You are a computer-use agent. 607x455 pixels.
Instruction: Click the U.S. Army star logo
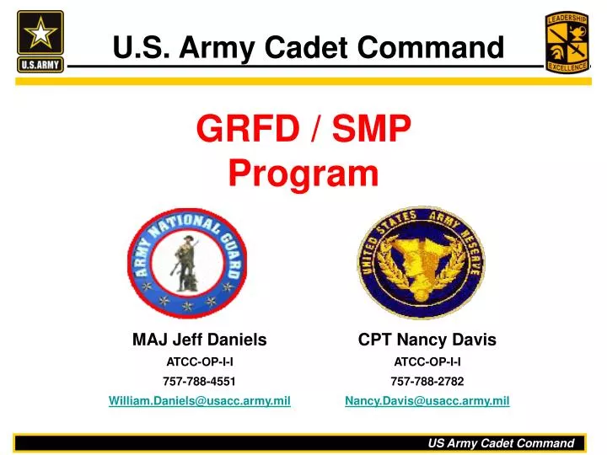[40, 40]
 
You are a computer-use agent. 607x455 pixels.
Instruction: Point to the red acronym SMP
[372, 131]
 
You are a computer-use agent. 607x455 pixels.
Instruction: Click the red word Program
[303, 174]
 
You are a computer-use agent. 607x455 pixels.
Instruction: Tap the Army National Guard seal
[187, 261]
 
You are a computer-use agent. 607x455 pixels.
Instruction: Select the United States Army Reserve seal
[421, 261]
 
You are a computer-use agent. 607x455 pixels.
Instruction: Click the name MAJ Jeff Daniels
[199, 340]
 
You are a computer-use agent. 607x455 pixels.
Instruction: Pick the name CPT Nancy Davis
[427, 340]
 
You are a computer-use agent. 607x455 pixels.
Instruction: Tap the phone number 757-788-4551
[199, 381]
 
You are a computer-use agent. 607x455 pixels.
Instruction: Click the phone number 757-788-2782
[427, 381]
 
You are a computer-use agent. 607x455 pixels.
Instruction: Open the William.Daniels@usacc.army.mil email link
[199, 401]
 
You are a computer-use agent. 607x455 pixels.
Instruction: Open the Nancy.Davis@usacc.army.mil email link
[427, 401]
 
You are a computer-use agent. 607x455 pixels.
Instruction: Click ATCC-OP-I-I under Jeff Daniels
[199, 361]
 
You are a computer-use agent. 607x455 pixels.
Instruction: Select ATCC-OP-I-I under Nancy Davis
[427, 361]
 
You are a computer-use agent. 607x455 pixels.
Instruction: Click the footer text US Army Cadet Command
[501, 442]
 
